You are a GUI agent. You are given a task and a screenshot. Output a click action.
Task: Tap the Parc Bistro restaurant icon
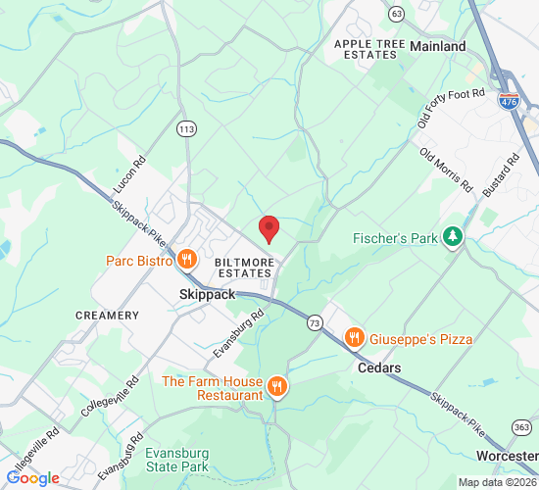186,260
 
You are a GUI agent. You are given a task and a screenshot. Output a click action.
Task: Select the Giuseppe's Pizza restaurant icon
355,339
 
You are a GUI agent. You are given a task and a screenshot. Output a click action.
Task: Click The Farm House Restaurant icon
278,387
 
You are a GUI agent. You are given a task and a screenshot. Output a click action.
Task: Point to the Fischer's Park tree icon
452,237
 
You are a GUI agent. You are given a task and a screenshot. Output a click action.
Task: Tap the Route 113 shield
186,128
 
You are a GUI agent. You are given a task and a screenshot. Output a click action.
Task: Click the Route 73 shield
314,321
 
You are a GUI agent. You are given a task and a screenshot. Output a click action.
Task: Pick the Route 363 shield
522,427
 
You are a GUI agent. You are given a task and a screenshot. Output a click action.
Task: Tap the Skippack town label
208,294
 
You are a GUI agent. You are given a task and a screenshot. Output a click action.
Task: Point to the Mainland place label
438,46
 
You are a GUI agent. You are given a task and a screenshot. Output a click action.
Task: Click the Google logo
32,478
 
